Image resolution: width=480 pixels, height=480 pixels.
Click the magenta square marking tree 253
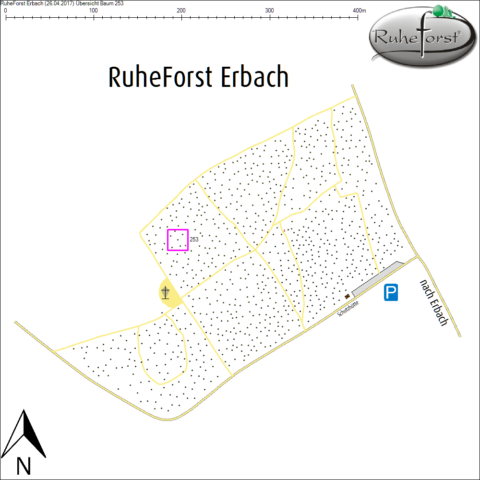pyautogui.click(x=178, y=240)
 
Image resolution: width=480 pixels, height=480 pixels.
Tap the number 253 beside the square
pyautogui.click(x=194, y=239)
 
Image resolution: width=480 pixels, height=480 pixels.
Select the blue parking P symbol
pyautogui.click(x=392, y=293)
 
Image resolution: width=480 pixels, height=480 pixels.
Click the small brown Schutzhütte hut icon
pyautogui.click(x=347, y=296)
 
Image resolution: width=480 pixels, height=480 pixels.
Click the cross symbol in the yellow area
pyautogui.click(x=166, y=292)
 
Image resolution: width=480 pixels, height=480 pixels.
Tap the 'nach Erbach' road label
pyautogui.click(x=433, y=303)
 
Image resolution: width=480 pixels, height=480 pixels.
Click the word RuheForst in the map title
pyautogui.click(x=161, y=77)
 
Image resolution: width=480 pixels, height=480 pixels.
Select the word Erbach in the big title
pyautogui.click(x=255, y=77)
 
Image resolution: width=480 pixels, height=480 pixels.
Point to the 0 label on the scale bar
pyautogui.click(x=5, y=11)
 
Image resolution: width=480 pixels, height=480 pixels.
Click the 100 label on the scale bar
pyautogui.click(x=94, y=11)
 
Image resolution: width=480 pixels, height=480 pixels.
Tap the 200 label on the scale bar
pyautogui.click(x=181, y=11)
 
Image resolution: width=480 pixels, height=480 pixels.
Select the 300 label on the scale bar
pyautogui.click(x=270, y=11)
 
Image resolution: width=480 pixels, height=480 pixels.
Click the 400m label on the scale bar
pyautogui.click(x=360, y=11)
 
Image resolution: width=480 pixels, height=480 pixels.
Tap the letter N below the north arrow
pyautogui.click(x=24, y=466)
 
